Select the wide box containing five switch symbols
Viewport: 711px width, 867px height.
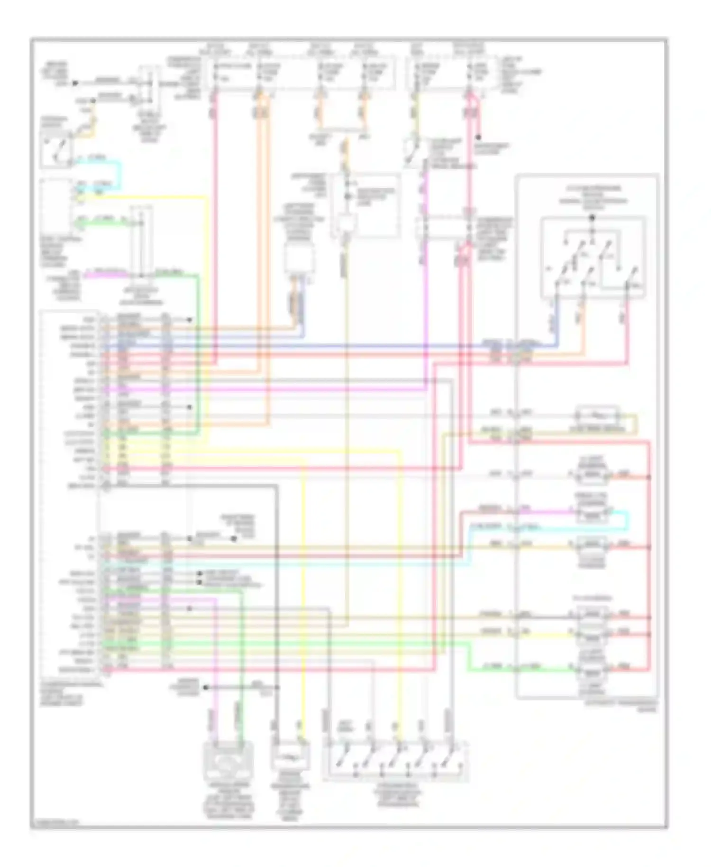(x=396, y=761)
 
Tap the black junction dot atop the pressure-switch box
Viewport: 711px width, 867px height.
(x=592, y=218)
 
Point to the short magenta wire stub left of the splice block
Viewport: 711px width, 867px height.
(x=107, y=273)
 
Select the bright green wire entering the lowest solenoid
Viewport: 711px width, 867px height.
(x=521, y=669)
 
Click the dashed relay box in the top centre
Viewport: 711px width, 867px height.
(x=365, y=205)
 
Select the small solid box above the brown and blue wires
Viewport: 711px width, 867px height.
(x=299, y=259)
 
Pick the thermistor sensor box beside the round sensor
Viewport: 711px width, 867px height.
(x=291, y=757)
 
